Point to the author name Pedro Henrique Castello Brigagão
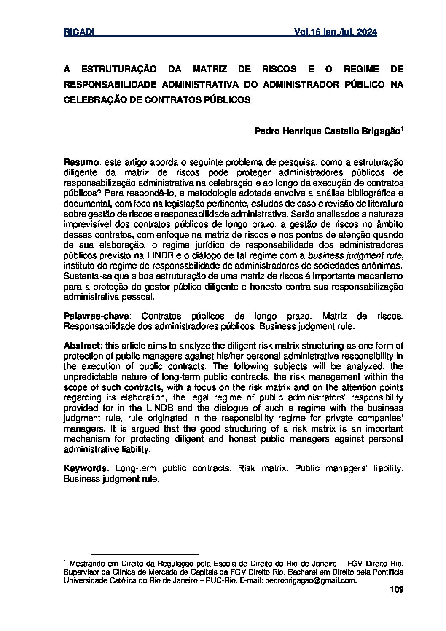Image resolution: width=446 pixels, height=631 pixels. [327, 131]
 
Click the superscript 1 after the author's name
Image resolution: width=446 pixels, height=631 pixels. [402, 129]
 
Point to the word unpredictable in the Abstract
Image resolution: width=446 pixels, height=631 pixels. [88, 377]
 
